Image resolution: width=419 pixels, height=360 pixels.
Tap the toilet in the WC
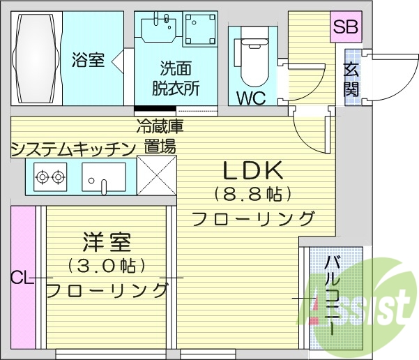pyautogui.click(x=250, y=59)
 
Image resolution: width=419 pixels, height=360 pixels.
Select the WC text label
pyautogui.click(x=250, y=98)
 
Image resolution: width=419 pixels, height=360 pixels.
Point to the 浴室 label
pyautogui.click(x=88, y=61)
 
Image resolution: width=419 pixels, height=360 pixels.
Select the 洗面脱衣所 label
pyautogui.click(x=176, y=78)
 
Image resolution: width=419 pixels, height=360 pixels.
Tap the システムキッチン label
pyautogui.click(x=73, y=148)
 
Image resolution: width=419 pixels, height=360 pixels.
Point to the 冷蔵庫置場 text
pyautogui.click(x=160, y=136)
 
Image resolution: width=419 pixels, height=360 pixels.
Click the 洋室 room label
pyautogui.click(x=107, y=243)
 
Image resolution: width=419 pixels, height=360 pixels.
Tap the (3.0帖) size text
pyautogui.click(x=107, y=266)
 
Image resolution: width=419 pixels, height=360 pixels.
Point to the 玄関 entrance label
pyautogui.click(x=351, y=79)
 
